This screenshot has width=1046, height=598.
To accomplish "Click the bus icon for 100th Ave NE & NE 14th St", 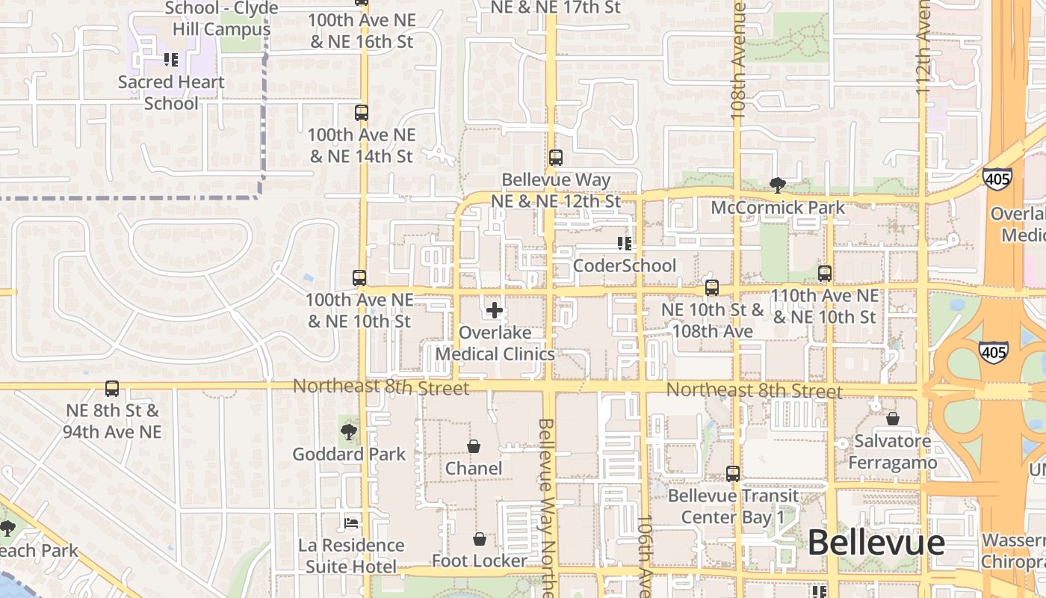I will (362, 113).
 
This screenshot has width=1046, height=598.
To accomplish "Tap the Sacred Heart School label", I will (171, 93).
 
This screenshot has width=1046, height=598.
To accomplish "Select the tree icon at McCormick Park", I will (778, 185).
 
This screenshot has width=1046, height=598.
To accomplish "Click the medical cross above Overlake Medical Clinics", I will (495, 309).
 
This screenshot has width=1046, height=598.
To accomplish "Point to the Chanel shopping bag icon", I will (474, 446).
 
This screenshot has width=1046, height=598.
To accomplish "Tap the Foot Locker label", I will (480, 561).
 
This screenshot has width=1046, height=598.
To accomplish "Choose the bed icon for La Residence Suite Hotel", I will (350, 523).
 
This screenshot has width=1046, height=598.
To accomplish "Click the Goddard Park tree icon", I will (348, 431).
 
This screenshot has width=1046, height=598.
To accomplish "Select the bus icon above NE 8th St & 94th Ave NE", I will (112, 389).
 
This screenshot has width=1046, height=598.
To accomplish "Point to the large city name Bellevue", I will (876, 543).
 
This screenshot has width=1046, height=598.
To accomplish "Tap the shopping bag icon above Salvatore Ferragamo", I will (892, 418).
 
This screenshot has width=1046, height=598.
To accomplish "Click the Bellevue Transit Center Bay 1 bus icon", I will (733, 473).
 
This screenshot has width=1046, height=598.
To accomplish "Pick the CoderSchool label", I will (625, 265).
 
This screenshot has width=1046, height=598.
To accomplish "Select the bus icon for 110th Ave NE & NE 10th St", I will (825, 274).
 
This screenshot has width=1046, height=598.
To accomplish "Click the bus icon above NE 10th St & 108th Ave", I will (712, 288).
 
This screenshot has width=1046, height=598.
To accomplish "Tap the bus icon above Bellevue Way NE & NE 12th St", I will (556, 158).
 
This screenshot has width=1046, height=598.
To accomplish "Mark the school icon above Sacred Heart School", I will (171, 59).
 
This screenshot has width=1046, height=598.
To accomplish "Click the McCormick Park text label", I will (778, 207).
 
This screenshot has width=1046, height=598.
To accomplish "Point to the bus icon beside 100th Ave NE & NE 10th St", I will (359, 278).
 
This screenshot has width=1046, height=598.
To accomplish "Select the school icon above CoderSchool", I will (625, 243).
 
